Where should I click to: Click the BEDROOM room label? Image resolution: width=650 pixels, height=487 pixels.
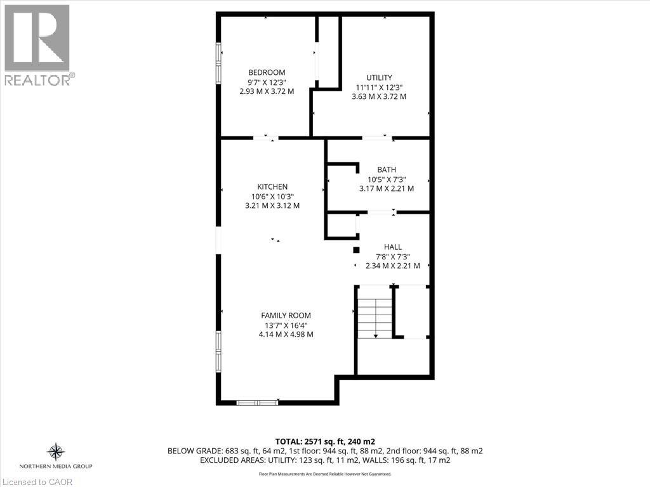pyautogui.click(x=267, y=72)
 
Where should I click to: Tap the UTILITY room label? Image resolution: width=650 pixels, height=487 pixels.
pyautogui.click(x=379, y=77)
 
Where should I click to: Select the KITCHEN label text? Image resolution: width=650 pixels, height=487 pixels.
pyautogui.click(x=272, y=186)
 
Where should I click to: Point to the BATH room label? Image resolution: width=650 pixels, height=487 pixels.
pyautogui.click(x=387, y=169)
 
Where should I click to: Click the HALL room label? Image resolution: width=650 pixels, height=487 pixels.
pyautogui.click(x=393, y=247)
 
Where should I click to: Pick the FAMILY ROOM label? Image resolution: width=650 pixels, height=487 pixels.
pyautogui.click(x=286, y=315)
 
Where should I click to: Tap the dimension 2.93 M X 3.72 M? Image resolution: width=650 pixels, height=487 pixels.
pyautogui.click(x=267, y=91)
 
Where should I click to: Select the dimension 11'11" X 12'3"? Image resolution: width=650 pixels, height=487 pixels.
pyautogui.click(x=379, y=88)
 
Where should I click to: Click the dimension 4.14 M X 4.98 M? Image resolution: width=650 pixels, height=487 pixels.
pyautogui.click(x=286, y=334)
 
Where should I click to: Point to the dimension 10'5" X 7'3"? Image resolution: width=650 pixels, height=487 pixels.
pyautogui.click(x=387, y=179)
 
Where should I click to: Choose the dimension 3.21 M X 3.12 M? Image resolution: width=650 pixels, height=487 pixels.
pyautogui.click(x=272, y=205)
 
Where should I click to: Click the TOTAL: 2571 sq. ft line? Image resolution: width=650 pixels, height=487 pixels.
pyautogui.click(x=325, y=441)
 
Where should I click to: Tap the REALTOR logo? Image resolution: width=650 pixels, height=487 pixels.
pyautogui.click(x=37, y=44)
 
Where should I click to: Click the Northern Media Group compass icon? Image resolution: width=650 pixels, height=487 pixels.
pyautogui.click(x=56, y=451)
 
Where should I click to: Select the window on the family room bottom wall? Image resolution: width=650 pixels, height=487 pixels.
pyautogui.click(x=257, y=401)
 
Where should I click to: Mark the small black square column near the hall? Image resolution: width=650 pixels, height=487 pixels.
pyautogui.click(x=356, y=250)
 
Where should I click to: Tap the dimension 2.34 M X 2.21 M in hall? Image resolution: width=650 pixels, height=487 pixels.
pyautogui.click(x=393, y=266)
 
